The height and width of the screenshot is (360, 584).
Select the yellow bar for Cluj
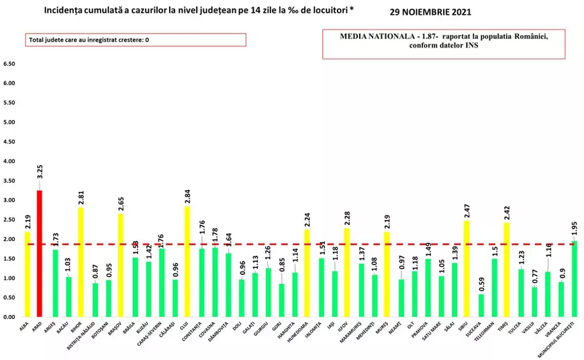[x=188, y=261]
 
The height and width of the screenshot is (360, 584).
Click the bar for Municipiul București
[x=575, y=279]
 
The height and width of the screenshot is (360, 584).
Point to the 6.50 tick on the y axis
[x=10, y=64]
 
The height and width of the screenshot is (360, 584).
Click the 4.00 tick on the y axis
[x=10, y=162]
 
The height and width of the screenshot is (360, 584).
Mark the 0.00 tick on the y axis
[x=10, y=317]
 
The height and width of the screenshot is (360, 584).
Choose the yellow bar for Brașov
[x=121, y=265]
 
